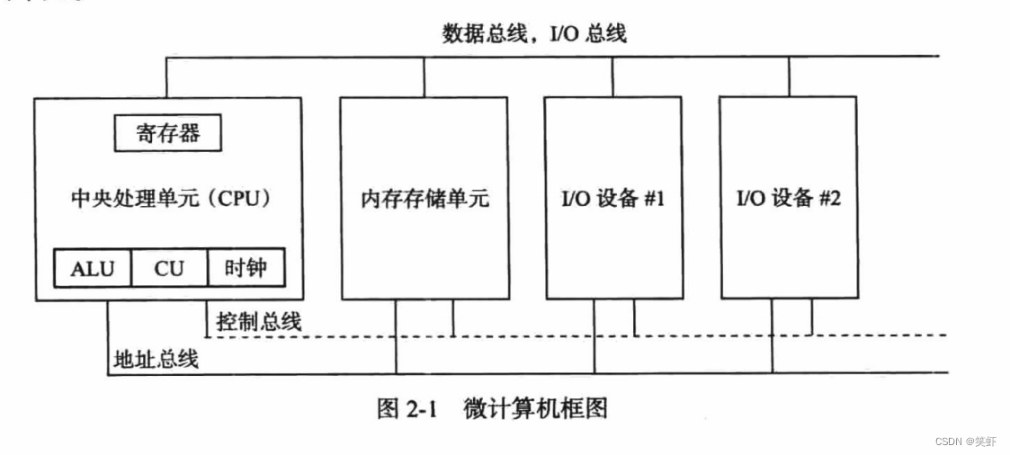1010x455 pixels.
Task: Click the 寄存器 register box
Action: click(168, 134)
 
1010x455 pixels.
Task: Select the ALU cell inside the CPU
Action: click(93, 268)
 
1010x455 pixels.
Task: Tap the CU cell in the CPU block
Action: click(168, 268)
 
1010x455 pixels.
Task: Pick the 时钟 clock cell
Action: click(245, 268)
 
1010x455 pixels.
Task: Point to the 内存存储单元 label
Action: click(425, 199)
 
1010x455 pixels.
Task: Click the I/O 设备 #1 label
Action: click(612, 199)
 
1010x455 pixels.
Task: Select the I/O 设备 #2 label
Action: click(789, 199)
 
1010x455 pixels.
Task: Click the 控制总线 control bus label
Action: click(259, 321)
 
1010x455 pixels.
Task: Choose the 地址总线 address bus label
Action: click(156, 359)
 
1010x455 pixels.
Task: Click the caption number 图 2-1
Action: click(406, 409)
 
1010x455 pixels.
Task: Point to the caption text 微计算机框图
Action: click(536, 409)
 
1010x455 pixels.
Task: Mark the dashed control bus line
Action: click(702, 335)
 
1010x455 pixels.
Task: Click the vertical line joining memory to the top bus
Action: click(425, 76)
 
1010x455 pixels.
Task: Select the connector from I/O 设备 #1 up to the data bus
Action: click(612, 76)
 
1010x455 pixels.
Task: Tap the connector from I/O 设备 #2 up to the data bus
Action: click(789, 76)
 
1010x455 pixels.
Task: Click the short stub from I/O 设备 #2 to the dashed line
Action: click(812, 317)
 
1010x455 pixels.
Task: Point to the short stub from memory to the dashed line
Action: click(452, 317)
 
